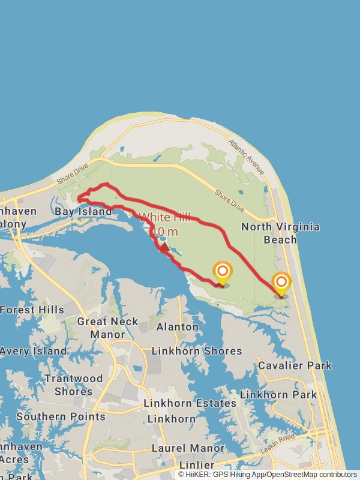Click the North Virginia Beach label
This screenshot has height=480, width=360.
coord(280,233)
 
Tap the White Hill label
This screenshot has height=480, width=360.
coord(164,217)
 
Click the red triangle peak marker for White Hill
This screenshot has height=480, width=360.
coord(164,246)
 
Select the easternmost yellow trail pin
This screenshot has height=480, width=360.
coord(281,284)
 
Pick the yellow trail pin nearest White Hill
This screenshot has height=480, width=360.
coord(222,273)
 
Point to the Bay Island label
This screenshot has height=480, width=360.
coord(83,212)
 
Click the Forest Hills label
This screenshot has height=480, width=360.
coord(32,310)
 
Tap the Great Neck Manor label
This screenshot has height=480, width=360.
coord(101,328)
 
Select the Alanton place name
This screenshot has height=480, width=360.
coord(177,327)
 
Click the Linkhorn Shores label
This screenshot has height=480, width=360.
coord(188,351)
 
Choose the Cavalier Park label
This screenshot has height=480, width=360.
coord(295,365)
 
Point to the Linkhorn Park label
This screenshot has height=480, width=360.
coord(278,395)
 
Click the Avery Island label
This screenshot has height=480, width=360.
coord(34,351)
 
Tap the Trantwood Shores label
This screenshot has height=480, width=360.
coord(73,385)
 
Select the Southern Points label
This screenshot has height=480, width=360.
coord(61,416)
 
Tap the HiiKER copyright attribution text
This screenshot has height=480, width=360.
coord(268,475)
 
